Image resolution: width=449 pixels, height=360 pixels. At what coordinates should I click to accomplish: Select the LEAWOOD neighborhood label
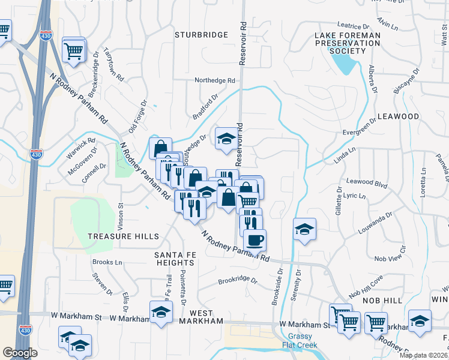click(398, 116)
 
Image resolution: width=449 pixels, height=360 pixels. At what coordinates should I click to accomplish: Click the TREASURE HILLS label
click(124, 236)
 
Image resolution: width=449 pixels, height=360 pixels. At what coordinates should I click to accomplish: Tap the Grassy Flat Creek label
click(300, 340)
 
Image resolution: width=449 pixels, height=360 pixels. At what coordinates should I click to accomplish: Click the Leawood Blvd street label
click(367, 182)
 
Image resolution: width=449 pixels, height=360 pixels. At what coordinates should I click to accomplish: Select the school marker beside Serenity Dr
click(305, 229)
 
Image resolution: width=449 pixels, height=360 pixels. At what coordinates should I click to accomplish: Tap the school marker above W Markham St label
click(161, 311)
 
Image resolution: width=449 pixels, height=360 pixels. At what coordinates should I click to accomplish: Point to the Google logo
click(19, 353)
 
